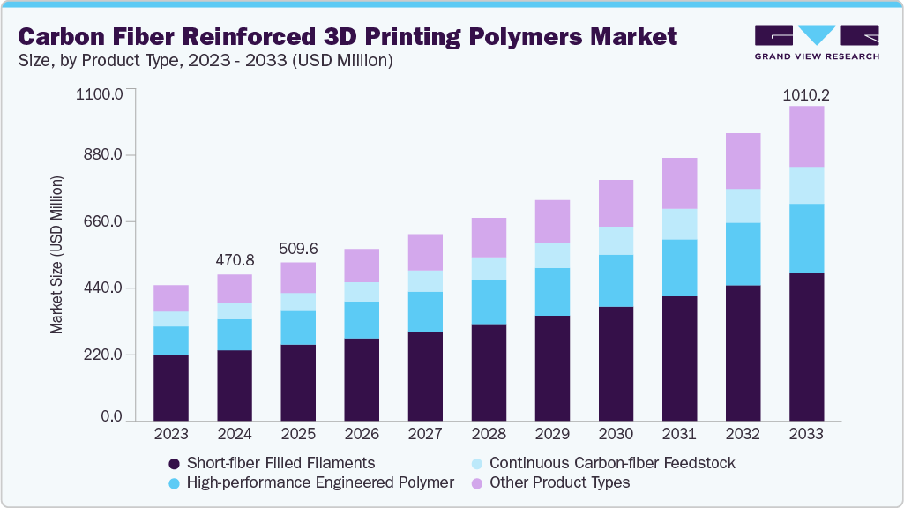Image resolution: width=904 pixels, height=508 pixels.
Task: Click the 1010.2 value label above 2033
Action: pyautogui.click(x=806, y=95)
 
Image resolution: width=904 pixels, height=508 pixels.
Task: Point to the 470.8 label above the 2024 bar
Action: pyautogui.click(x=234, y=261)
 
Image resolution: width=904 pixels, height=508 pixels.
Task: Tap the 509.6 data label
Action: pyautogui.click(x=297, y=249)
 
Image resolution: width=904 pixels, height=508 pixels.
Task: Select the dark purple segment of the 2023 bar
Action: pyautogui.click(x=170, y=388)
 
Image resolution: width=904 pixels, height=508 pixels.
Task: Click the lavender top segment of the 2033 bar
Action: pyautogui.click(x=806, y=136)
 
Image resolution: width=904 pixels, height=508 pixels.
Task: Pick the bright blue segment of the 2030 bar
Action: pyautogui.click(x=616, y=280)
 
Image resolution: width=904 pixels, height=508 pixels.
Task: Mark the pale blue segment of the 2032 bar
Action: pyautogui.click(x=743, y=205)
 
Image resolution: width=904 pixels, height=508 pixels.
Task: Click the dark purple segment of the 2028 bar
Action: pyautogui.click(x=489, y=372)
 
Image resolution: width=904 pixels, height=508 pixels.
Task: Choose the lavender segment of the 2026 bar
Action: pyautogui.click(x=362, y=265)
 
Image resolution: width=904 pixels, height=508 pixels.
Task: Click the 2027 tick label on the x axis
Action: pyautogui.click(x=425, y=434)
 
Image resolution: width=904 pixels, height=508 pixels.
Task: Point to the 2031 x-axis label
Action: pyautogui.click(x=679, y=434)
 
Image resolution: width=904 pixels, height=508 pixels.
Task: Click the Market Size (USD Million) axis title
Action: pyautogui.click(x=57, y=255)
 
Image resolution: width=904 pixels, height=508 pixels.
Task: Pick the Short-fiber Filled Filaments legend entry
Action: pyautogui.click(x=273, y=463)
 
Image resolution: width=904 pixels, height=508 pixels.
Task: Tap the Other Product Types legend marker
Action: pyautogui.click(x=476, y=483)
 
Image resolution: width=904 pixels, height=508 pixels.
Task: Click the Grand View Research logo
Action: pyautogui.click(x=817, y=41)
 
